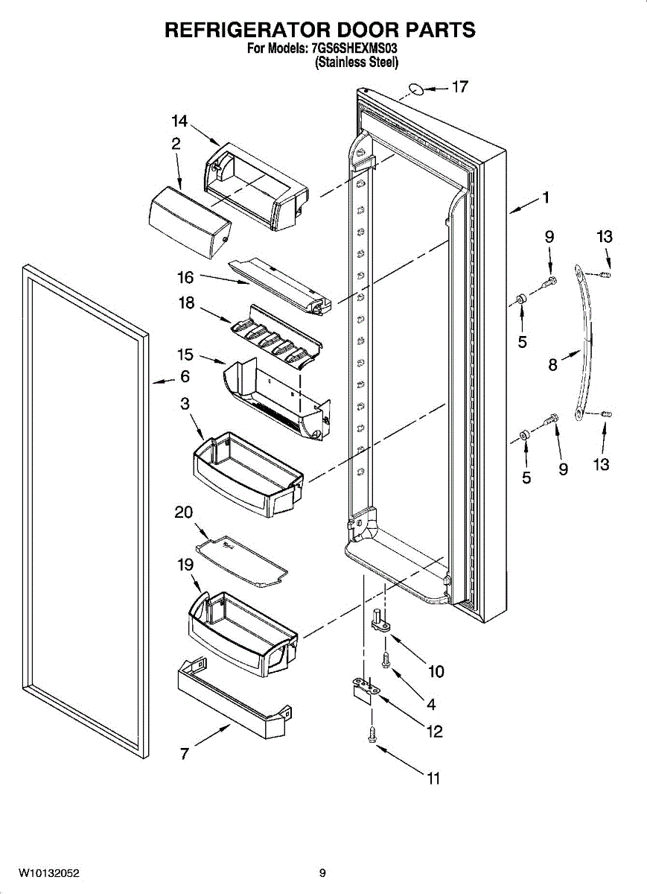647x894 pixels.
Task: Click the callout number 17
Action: pos(460,87)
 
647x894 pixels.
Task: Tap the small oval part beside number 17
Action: pos(418,91)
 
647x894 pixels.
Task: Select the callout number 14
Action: pos(179,121)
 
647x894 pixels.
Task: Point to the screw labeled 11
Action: pos(372,735)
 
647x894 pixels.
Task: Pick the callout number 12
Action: pos(434,731)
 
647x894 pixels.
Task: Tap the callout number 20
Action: pos(183,513)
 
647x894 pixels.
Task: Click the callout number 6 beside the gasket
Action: pos(185,377)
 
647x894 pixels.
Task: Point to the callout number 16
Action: pos(185,278)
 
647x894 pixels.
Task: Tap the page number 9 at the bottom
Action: pos(322,872)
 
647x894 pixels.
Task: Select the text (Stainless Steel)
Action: pos(357,63)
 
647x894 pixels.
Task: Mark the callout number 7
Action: pos(184,753)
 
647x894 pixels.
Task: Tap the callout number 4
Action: pos(430,703)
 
